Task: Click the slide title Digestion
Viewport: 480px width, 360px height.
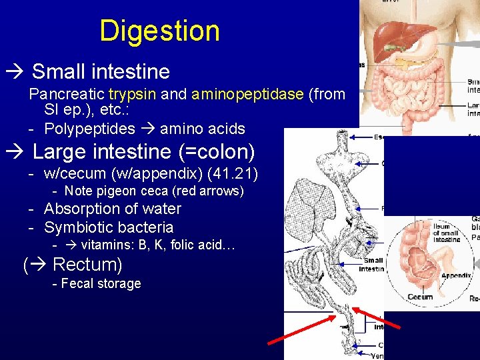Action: tap(159, 31)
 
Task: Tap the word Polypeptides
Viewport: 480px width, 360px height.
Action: tap(89, 129)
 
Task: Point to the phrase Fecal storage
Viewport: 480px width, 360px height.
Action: tap(101, 283)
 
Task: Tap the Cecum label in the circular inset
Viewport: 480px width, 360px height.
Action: tap(421, 297)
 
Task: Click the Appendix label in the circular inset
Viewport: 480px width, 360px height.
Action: tap(456, 274)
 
